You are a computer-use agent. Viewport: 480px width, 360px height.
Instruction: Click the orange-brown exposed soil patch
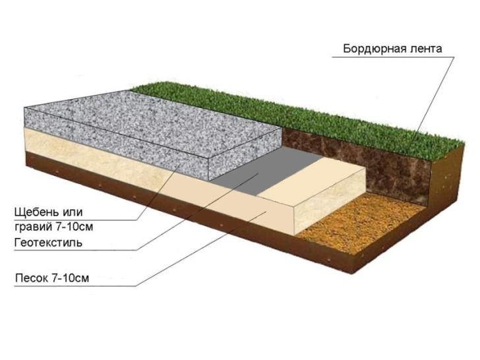tap(356, 224)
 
